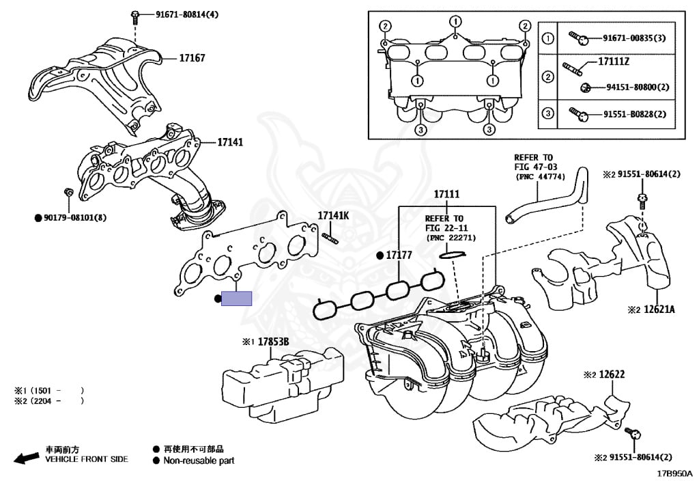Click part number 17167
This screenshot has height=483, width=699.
click(x=192, y=59)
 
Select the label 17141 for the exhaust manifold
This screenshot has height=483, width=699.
click(x=231, y=143)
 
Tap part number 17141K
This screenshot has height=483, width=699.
click(x=333, y=216)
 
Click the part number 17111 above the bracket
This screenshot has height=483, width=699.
click(x=447, y=195)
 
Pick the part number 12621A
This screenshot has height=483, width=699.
click(x=660, y=309)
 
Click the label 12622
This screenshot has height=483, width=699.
click(x=612, y=374)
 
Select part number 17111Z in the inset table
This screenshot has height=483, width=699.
click(x=613, y=62)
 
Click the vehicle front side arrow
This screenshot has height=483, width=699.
click(x=26, y=458)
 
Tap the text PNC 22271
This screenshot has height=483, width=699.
click(x=451, y=238)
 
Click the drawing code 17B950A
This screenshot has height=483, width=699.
click(x=674, y=473)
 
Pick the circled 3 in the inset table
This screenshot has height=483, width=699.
click(x=547, y=113)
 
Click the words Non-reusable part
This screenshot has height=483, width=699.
click(x=199, y=460)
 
